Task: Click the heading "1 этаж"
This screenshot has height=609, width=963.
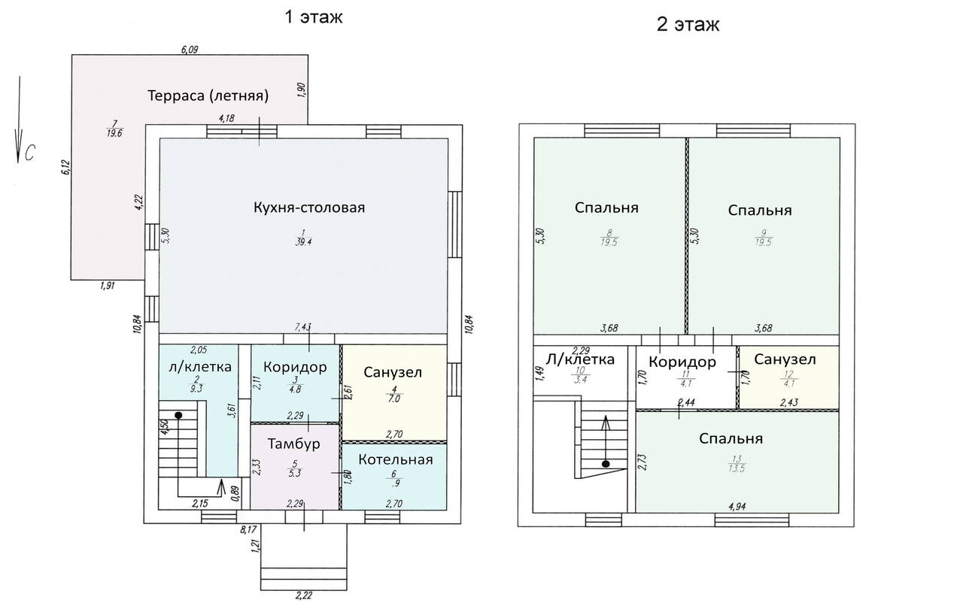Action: pyautogui.click(x=314, y=17)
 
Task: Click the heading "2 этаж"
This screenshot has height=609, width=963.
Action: pyautogui.click(x=688, y=24)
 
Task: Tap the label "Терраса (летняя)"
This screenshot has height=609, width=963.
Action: pyautogui.click(x=208, y=95)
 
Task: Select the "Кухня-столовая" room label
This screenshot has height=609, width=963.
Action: pyautogui.click(x=309, y=208)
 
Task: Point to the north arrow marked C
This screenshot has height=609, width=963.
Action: pyautogui.click(x=19, y=120)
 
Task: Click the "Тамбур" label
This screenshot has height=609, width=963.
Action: pyautogui.click(x=294, y=444)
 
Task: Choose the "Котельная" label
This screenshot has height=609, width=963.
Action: pyautogui.click(x=396, y=459)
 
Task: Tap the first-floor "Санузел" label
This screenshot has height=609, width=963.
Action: pyautogui.click(x=393, y=372)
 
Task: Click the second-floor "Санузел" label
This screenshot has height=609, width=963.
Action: pyautogui.click(x=785, y=359)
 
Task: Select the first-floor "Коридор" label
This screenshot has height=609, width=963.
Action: pyautogui.click(x=295, y=367)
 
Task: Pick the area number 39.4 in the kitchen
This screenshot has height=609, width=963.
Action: pyautogui.click(x=303, y=242)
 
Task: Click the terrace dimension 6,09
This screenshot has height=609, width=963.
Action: pyautogui.click(x=190, y=50)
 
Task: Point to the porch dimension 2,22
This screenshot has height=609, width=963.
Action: pyautogui.click(x=303, y=595)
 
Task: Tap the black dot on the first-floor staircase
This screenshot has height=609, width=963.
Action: pyautogui.click(x=178, y=415)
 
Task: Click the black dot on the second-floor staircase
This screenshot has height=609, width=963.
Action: pyautogui.click(x=606, y=464)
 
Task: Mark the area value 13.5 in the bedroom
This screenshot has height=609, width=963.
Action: pyautogui.click(x=737, y=468)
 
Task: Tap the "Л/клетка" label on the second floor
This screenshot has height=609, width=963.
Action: pyautogui.click(x=580, y=359)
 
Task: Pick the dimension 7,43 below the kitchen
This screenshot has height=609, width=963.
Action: pyautogui.click(x=302, y=327)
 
